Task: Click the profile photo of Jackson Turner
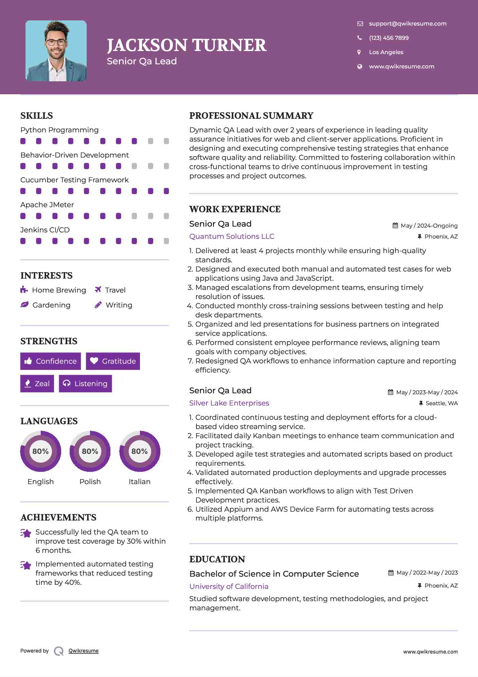pyautogui.click(x=56, y=51)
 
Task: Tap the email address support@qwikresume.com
pyautogui.click(x=407, y=23)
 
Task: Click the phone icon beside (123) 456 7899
pyautogui.click(x=359, y=38)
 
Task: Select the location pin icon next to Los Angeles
pyautogui.click(x=359, y=52)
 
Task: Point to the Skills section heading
pyautogui.click(x=37, y=116)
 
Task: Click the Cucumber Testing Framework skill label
pyautogui.click(x=74, y=180)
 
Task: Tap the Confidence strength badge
pyautogui.click(x=51, y=361)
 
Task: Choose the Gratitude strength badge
pyautogui.click(x=113, y=361)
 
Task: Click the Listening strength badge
pyautogui.click(x=85, y=383)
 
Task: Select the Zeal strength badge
pyautogui.click(x=37, y=383)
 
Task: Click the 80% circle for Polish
pyautogui.click(x=90, y=451)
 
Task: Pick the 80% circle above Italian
pyautogui.click(x=140, y=451)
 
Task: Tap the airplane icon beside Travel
pyautogui.click(x=98, y=290)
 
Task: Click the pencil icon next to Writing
pyautogui.click(x=98, y=305)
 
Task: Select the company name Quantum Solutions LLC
pyautogui.click(x=232, y=236)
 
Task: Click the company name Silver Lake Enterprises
pyautogui.click(x=229, y=403)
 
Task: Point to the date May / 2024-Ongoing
pyautogui.click(x=429, y=226)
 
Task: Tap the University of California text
pyautogui.click(x=229, y=587)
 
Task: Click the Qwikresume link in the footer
pyautogui.click(x=84, y=651)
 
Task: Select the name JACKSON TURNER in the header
pyautogui.click(x=187, y=45)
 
